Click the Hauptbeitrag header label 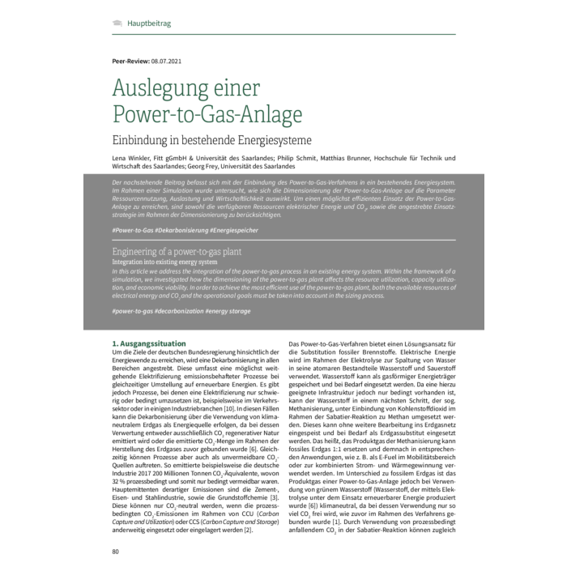point(149,23)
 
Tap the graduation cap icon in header point(117,23)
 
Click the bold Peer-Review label point(130,62)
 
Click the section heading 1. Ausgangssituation point(148,344)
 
